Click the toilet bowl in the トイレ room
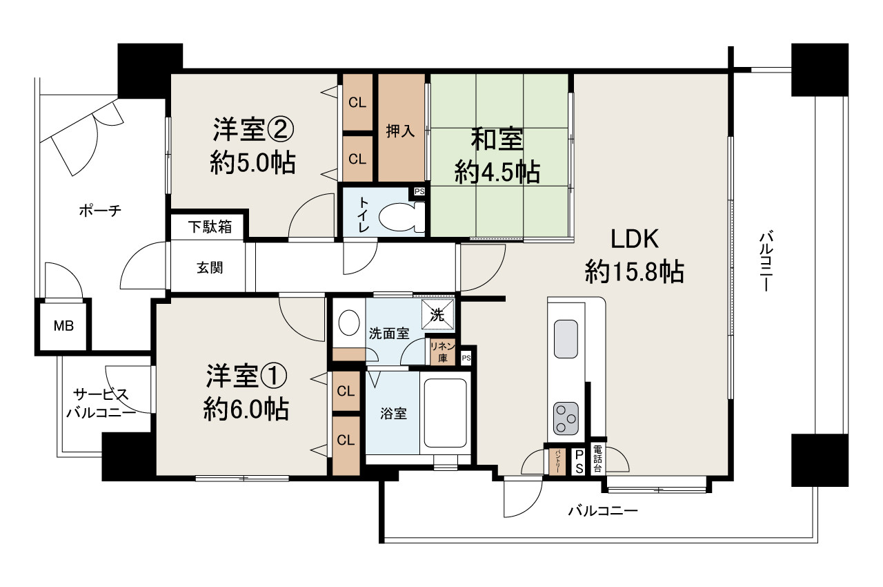pos(400,216)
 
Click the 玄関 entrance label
pos(210,268)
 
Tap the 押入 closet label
pos(401,131)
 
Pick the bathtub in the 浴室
pos(445,412)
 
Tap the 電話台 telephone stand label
pos(598,459)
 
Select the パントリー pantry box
pos(557,461)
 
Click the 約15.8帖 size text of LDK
pos(634,272)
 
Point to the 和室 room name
pos(497,140)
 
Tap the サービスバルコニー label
pos(101,404)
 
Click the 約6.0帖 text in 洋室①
pos(246,410)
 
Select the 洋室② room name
pos(253,129)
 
